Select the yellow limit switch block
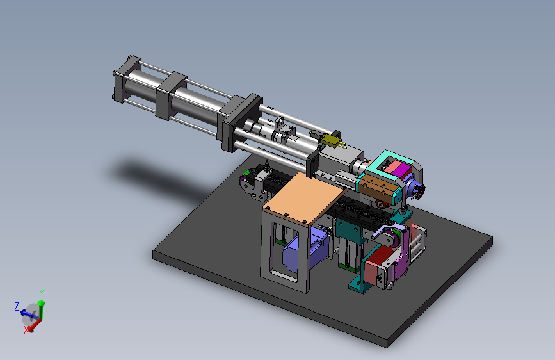[329, 140]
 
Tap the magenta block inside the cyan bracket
[401, 170]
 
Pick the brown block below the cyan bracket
[378, 190]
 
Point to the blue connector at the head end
[415, 188]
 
